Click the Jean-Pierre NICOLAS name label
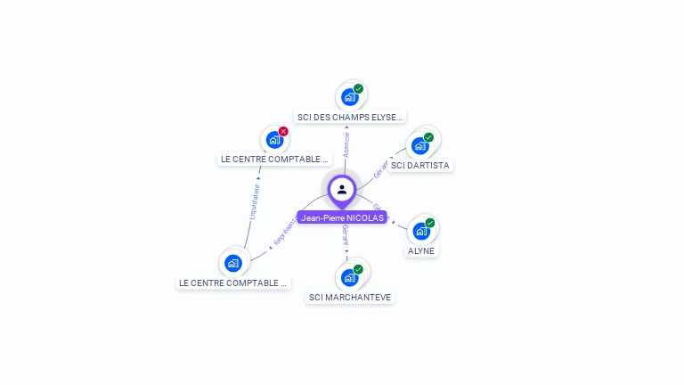point(342,217)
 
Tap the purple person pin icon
point(342,189)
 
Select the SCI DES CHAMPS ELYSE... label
point(350,117)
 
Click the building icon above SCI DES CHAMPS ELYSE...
point(349,96)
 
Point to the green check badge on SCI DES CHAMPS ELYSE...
point(358,88)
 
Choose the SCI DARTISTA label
point(420,165)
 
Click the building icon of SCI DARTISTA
point(419,145)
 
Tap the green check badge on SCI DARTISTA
point(428,137)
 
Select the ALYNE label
point(421,251)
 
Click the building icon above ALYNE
point(421,231)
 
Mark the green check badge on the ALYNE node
point(430,223)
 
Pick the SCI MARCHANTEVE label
point(350,297)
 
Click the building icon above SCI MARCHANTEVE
point(349,277)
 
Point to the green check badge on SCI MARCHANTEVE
point(358,269)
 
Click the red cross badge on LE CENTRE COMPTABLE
point(283,131)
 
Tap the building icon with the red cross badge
point(274,140)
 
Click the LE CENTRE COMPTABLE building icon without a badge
point(233,263)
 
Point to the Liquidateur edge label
point(254,201)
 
